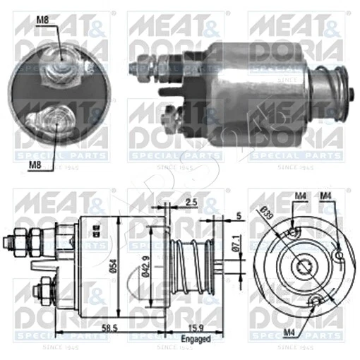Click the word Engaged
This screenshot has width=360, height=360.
[196, 340]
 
